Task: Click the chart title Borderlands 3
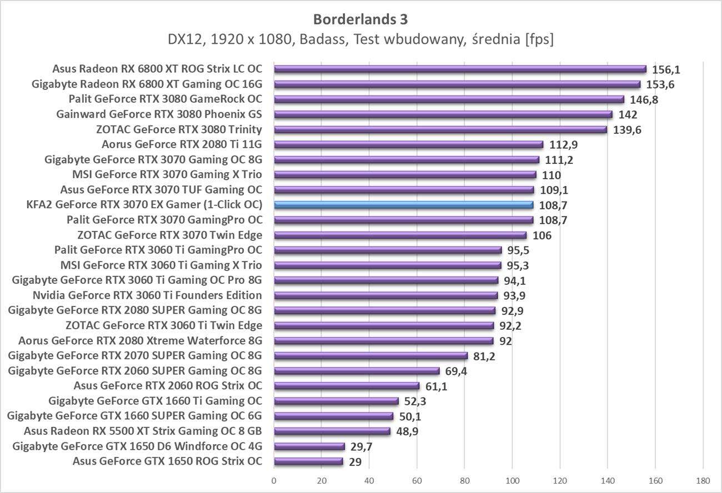tap(360, 19)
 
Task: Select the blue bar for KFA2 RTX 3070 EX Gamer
tap(404, 205)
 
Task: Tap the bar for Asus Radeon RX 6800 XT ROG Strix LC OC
tap(460, 69)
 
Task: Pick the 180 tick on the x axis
tap(703, 480)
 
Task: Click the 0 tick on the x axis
tap(274, 480)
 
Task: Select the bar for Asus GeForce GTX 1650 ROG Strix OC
tap(309, 461)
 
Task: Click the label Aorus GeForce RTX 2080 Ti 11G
tap(182, 145)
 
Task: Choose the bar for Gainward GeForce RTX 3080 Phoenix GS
tap(443, 114)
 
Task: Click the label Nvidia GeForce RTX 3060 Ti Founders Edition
tap(147, 295)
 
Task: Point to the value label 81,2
tap(484, 356)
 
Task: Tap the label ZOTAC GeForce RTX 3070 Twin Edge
tap(170, 235)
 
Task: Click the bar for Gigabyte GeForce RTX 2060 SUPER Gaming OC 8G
tap(357, 371)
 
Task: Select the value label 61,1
tap(436, 386)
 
